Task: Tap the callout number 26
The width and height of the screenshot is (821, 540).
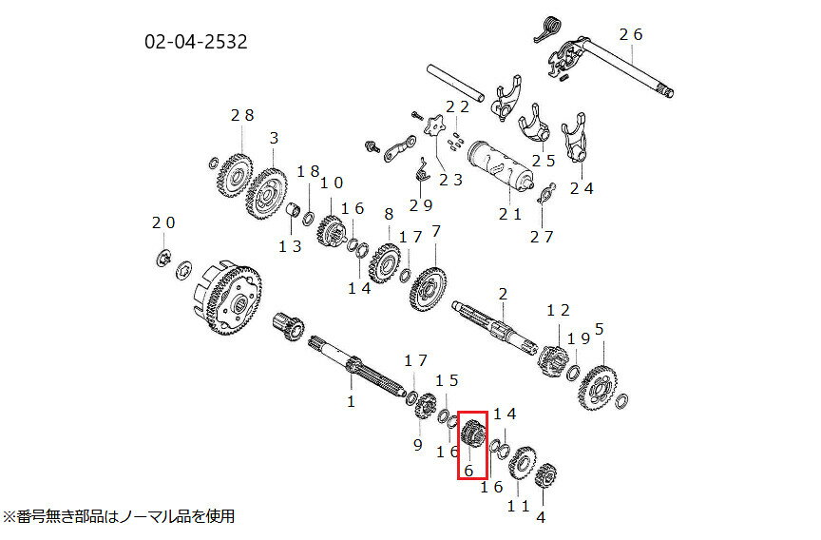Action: (x=631, y=34)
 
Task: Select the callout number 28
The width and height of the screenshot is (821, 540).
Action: (x=242, y=115)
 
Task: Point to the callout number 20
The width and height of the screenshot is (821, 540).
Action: (x=163, y=222)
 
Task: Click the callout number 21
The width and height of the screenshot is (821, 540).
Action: (x=510, y=214)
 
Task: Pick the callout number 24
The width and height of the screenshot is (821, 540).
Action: (x=581, y=188)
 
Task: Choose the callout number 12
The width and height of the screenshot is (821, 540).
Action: (x=558, y=311)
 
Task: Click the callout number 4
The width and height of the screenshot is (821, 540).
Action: (x=541, y=518)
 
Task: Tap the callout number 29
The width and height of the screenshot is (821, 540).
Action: (x=421, y=204)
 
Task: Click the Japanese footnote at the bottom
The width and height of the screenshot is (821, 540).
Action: (x=120, y=517)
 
